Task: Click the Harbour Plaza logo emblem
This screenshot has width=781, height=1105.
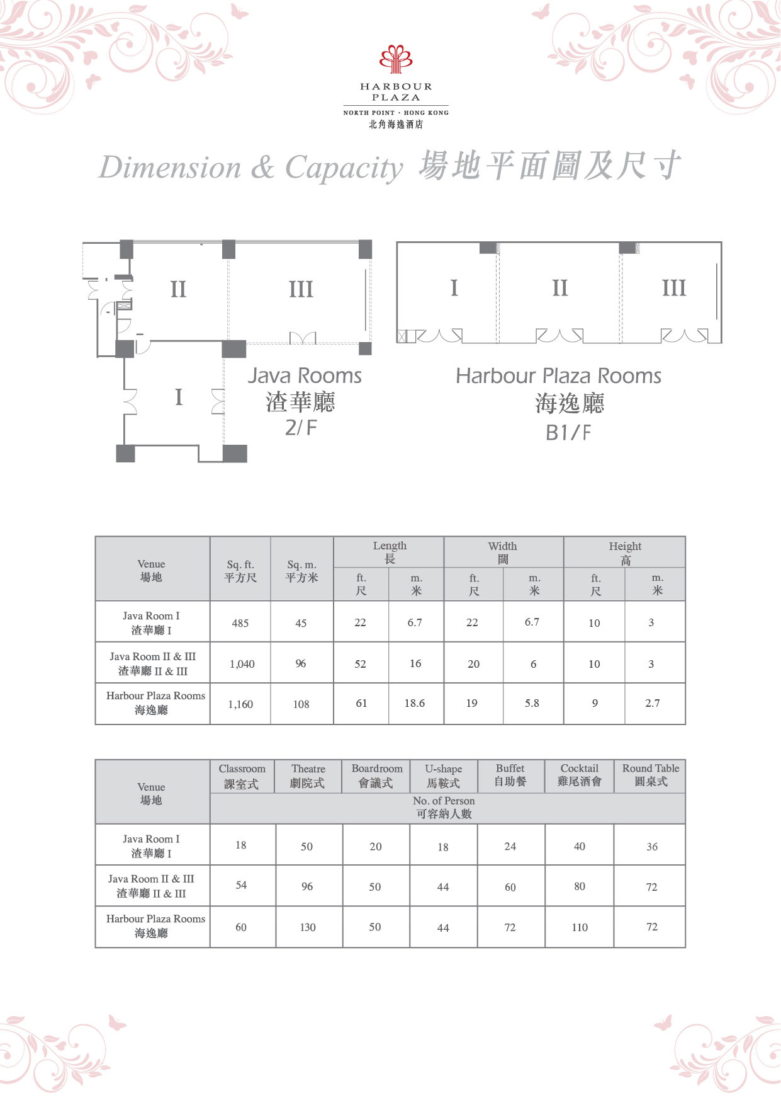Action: pos(396,59)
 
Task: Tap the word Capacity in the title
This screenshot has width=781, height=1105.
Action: pos(344,168)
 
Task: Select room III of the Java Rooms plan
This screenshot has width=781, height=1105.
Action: pos(301,290)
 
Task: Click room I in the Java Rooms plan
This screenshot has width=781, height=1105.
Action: pos(179,397)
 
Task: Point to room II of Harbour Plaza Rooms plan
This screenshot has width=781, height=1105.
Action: pos(559,288)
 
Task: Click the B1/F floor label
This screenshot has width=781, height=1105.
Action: pos(568,433)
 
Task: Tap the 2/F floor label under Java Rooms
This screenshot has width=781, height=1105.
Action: pos(301,427)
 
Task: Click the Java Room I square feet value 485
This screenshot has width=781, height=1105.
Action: pos(240,623)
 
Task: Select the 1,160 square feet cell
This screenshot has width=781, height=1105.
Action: pos(240,704)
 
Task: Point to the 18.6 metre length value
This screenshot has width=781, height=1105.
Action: pos(415,703)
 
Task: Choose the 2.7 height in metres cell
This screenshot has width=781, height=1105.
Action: pos(653,703)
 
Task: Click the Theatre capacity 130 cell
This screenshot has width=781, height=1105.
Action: pos(308,927)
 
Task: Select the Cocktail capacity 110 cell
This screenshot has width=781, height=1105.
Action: pos(580,927)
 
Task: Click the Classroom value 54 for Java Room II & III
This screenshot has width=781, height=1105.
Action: pos(241,885)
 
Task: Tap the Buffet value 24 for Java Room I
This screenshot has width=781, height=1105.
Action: pos(510,846)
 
